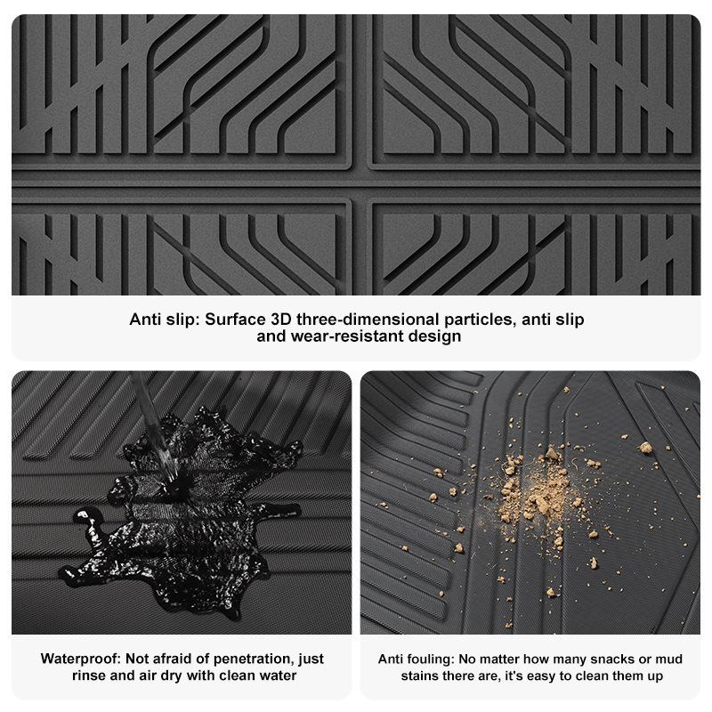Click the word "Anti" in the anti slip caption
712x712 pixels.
pos(145,320)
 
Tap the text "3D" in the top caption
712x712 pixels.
pos(280,320)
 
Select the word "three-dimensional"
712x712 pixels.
pos(368,320)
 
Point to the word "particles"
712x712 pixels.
pos(480,320)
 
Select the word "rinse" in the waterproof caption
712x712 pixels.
pos(89,676)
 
